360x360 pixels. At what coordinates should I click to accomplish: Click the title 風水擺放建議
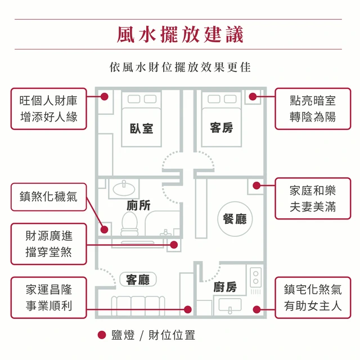(x=180, y=34)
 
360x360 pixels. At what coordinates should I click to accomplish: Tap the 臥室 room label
(x=141, y=128)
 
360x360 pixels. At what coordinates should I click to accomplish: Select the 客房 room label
(x=222, y=128)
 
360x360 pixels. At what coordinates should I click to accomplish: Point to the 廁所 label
(x=139, y=205)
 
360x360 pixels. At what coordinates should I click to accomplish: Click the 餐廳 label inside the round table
(x=235, y=219)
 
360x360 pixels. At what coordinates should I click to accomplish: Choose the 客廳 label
(x=138, y=280)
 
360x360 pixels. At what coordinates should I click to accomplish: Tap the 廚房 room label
(x=225, y=287)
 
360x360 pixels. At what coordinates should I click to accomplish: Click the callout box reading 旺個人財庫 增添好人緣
(x=49, y=109)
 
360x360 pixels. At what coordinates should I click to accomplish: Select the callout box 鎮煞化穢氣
(x=49, y=197)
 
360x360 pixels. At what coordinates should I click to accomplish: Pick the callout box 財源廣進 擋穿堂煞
(x=49, y=244)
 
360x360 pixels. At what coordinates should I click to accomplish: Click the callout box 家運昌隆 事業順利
(x=49, y=298)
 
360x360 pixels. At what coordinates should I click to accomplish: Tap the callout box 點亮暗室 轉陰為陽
(x=313, y=109)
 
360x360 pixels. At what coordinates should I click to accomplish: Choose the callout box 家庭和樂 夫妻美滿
(x=313, y=199)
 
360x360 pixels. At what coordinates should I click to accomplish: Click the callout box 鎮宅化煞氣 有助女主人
(x=313, y=298)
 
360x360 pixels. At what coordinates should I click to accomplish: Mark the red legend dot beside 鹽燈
(x=102, y=335)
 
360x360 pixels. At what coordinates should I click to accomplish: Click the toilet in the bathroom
(x=130, y=223)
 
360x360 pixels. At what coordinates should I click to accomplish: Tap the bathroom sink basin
(x=124, y=188)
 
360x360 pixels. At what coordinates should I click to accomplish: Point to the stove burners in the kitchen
(x=256, y=277)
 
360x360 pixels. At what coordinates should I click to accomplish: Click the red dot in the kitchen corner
(x=256, y=309)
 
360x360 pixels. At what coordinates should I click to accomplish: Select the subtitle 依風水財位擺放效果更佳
(x=180, y=67)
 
